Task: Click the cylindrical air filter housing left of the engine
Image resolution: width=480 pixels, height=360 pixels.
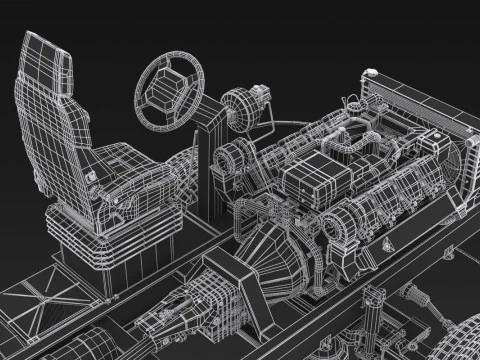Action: point(230,160)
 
